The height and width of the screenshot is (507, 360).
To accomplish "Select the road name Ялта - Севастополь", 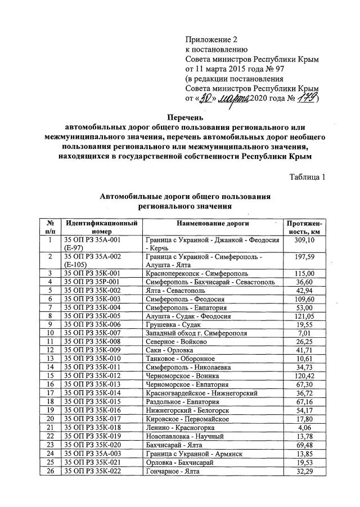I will click(175, 291).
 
